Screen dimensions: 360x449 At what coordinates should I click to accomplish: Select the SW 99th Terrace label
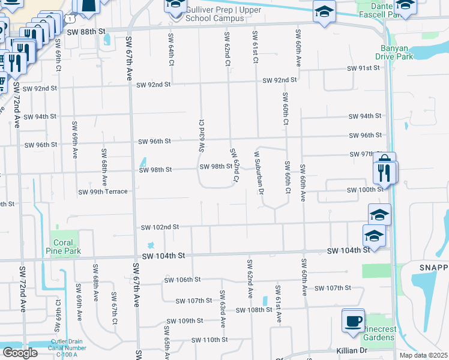103,192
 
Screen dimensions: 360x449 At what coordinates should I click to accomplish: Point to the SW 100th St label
365,190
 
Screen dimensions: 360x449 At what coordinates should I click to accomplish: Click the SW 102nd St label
160,227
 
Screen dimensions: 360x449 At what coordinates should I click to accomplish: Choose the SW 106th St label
183,280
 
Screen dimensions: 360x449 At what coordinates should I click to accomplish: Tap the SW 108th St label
255,310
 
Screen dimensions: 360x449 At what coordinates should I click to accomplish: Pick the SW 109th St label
185,321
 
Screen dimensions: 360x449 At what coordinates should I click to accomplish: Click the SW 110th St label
210,340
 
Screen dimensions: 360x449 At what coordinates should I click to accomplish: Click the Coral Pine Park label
64,247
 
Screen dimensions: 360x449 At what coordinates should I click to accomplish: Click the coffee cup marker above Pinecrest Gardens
353,319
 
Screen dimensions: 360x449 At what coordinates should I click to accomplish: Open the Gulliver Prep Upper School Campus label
215,14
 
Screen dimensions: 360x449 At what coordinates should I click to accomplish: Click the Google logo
20,353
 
